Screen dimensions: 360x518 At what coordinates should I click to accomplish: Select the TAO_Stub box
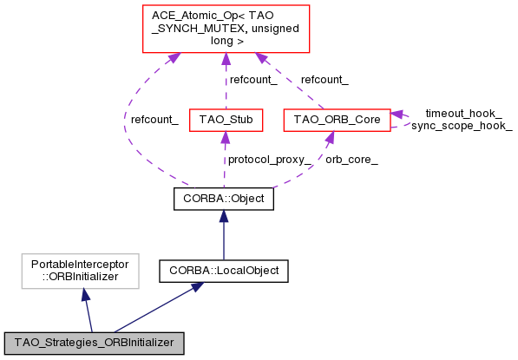(225, 120)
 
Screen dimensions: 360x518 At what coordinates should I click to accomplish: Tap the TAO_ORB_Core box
(336, 120)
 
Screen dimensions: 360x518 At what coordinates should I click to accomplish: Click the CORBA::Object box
(224, 200)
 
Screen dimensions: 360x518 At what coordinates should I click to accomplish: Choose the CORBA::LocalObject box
(224, 271)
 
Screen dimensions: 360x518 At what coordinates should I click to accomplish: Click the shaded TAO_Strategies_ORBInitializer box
(94, 343)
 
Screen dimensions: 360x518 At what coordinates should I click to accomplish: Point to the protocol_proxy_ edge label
(268, 160)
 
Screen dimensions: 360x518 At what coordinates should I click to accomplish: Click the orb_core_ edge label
(351, 160)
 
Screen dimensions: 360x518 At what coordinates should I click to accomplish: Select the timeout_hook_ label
(463, 114)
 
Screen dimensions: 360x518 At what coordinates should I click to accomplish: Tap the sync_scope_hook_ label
(462, 126)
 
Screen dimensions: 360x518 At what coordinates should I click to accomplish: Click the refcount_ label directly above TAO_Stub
(253, 80)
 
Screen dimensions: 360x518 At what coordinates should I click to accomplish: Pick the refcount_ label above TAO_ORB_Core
(325, 80)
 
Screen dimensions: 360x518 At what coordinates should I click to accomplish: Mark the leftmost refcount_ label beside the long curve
(154, 120)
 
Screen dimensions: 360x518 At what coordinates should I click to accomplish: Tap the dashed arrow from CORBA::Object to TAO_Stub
(225, 160)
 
